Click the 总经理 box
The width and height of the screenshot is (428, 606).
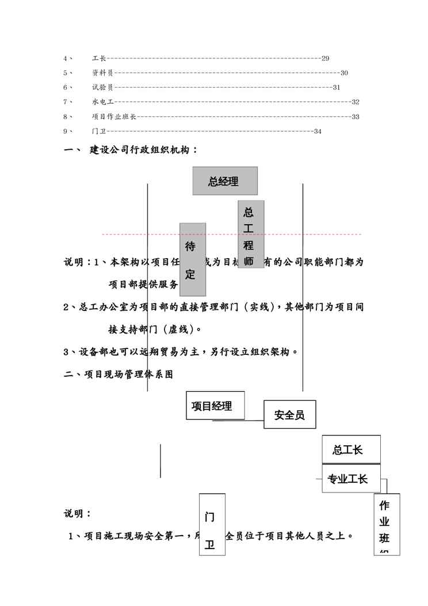point(225,181)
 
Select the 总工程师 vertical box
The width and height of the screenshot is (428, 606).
point(251,234)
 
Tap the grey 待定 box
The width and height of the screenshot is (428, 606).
point(193,259)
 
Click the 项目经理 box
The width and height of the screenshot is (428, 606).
point(215,406)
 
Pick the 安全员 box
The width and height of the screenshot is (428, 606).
point(290,414)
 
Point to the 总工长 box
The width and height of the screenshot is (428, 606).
point(351,449)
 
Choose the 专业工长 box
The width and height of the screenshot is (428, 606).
point(351,478)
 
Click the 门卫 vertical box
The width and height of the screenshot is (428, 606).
point(211,524)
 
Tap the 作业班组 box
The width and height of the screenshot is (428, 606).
point(387,524)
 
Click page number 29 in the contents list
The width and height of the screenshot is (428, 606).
point(325,58)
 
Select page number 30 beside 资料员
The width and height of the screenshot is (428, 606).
point(344,73)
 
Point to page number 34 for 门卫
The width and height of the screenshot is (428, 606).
point(318,131)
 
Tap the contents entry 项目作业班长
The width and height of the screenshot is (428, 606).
point(114,116)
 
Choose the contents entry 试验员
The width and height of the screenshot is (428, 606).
point(102,88)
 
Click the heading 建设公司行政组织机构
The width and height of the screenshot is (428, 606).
point(144,150)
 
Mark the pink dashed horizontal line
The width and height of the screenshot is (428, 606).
point(138,234)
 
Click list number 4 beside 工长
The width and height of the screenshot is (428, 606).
point(66,58)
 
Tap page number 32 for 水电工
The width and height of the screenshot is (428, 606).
point(355,102)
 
